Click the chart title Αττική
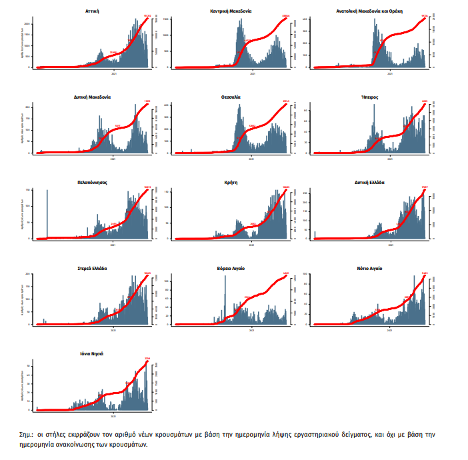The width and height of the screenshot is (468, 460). tap(93, 11)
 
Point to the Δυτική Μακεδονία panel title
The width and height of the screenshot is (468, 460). tap(93, 97)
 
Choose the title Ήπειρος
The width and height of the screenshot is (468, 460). tap(369, 97)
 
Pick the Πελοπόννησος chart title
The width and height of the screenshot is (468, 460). tap(93, 181)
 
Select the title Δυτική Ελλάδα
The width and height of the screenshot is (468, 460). tap(369, 181)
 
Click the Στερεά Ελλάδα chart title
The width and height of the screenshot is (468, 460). tap(93, 268)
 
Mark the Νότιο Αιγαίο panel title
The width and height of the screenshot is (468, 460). tap(369, 268)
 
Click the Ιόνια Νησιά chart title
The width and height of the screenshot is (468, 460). tap(93, 353)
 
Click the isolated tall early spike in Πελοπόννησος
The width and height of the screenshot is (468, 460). tap(47, 213)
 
